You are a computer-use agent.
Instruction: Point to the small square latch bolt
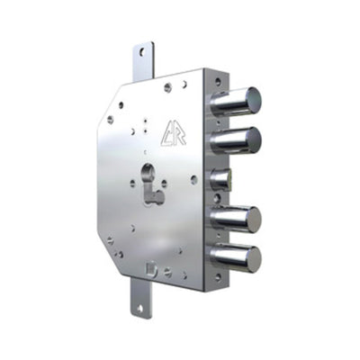click(220, 179)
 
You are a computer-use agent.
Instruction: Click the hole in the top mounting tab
click(140, 54)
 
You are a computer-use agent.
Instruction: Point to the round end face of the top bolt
click(251, 100)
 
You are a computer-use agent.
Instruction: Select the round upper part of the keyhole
click(148, 173)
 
